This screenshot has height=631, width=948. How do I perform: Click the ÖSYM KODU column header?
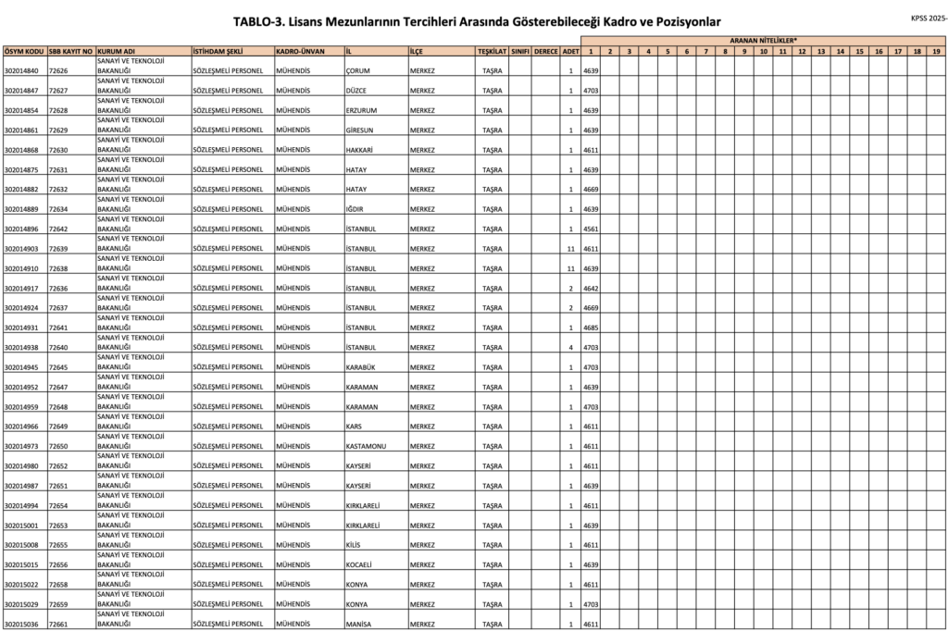(x=24, y=51)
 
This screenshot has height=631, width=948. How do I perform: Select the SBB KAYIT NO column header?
(x=70, y=51)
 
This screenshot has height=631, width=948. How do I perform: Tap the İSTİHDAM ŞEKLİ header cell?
(x=217, y=51)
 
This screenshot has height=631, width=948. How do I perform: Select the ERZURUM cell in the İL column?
(x=361, y=111)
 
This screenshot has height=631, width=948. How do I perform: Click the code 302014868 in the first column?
(x=21, y=151)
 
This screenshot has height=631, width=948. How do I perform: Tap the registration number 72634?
(x=58, y=210)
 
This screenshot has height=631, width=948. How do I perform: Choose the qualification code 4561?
(x=591, y=229)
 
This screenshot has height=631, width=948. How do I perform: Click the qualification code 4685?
(x=591, y=328)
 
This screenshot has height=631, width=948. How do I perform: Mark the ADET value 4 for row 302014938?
(x=570, y=348)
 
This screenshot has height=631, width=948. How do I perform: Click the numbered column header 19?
(x=936, y=51)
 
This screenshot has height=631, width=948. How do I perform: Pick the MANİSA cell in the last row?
(x=358, y=625)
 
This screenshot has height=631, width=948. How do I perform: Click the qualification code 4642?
(x=591, y=289)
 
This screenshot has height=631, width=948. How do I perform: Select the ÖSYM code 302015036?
(x=21, y=625)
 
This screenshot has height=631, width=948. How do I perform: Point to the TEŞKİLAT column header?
(x=493, y=51)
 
